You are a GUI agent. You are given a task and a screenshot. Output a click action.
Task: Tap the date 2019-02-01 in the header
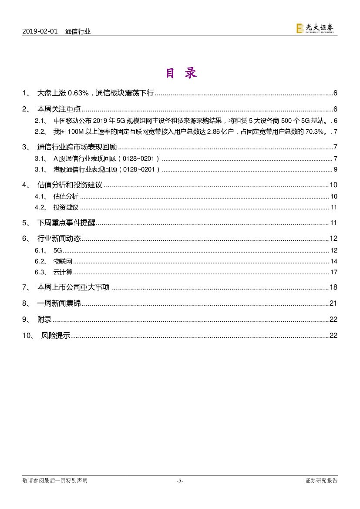pos(40,31)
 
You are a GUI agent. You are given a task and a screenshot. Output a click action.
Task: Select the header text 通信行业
pos(78,31)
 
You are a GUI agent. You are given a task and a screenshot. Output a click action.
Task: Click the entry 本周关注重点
pos(59,109)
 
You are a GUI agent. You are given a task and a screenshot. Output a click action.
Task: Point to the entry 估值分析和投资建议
pos(70,185)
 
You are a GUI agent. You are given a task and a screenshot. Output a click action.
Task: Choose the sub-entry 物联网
pos(63,261)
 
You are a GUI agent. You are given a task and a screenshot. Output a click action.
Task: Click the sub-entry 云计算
pos(63,272)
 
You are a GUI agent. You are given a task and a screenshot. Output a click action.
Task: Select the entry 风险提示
pos(55,335)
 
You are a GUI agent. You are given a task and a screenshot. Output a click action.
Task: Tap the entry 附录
pos(45,319)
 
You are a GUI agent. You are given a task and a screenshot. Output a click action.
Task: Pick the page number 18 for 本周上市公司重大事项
pos(333,287)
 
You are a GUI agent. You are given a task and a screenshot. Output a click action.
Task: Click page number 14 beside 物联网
pos(334,261)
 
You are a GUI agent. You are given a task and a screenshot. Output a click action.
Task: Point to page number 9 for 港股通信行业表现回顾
pos(336,169)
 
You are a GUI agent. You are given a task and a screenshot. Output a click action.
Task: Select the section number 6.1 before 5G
pos(40,250)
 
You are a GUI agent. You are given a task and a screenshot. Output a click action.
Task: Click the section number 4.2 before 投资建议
pos(40,207)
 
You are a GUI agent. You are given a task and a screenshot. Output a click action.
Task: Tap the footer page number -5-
pos(180,481)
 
